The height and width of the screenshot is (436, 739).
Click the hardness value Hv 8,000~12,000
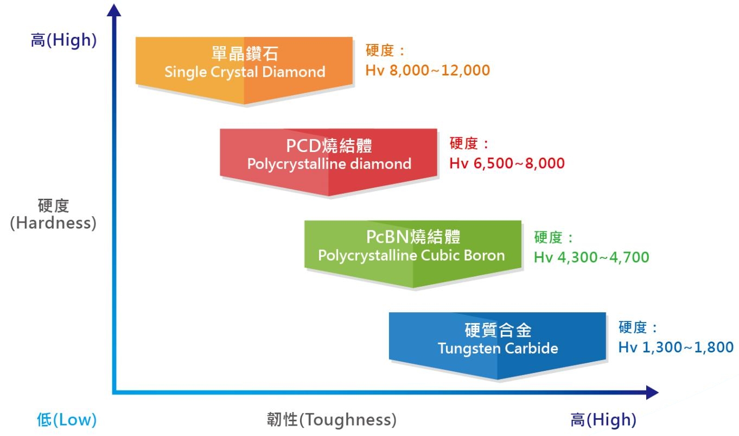coord(428,70)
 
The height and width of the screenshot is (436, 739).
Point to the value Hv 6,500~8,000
coord(507,163)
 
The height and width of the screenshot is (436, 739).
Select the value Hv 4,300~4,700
coord(591,257)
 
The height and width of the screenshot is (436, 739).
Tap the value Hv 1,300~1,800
coord(676,347)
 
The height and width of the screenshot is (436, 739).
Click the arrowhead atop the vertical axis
coord(114,10)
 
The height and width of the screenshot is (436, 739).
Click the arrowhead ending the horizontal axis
coord(652,393)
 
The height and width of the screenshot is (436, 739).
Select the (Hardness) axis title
coord(53,223)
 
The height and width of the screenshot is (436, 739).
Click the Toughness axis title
coord(332,420)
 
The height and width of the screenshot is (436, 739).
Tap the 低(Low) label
coord(67,420)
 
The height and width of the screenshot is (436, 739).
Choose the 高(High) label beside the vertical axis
coord(63,40)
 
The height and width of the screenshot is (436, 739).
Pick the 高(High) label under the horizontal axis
coord(603,420)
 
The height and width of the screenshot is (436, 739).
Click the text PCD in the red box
coord(303,146)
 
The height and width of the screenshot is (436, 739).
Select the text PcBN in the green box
coord(387,237)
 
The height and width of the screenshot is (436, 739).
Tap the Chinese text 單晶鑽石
coord(245,53)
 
